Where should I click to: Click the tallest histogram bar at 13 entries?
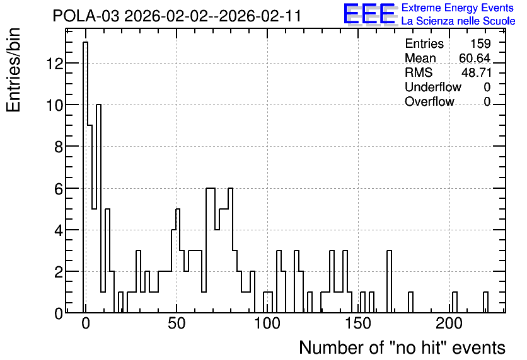click(x=85, y=177)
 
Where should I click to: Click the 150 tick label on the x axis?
click(x=358, y=323)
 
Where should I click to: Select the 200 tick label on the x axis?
click(x=449, y=323)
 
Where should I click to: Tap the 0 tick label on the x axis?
click(x=86, y=323)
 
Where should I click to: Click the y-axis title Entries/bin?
click(x=13, y=70)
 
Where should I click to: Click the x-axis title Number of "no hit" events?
click(x=402, y=347)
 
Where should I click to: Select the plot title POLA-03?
click(x=86, y=16)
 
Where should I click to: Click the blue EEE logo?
click(x=369, y=14)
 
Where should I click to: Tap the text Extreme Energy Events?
click(x=458, y=8)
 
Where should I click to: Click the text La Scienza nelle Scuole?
click(x=458, y=21)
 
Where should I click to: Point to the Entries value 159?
click(x=480, y=43)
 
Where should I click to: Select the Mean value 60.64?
click(x=475, y=58)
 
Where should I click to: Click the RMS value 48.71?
click(x=476, y=72)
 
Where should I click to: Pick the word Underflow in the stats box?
click(x=433, y=87)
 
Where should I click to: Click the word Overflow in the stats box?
click(x=429, y=101)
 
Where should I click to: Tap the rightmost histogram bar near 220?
click(x=485, y=302)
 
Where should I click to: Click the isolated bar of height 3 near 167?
click(x=389, y=281)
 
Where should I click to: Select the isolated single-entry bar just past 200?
click(x=455, y=302)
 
